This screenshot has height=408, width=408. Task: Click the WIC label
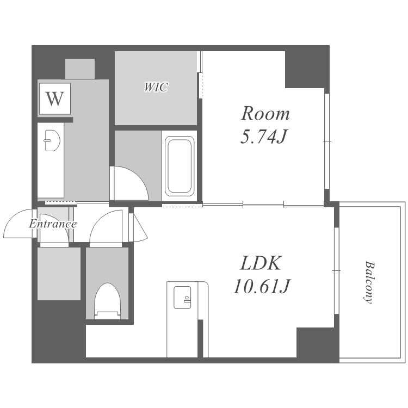(x=156, y=87)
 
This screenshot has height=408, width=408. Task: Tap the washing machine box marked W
(x=54, y=98)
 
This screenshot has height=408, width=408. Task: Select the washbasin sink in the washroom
(x=52, y=140)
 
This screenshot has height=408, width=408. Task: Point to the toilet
(x=108, y=301)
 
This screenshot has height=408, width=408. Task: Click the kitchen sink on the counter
(x=182, y=298)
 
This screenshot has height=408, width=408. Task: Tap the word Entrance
(x=53, y=224)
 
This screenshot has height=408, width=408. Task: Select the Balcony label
(x=368, y=282)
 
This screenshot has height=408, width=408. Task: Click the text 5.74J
(x=263, y=137)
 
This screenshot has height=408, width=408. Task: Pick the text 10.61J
(x=262, y=286)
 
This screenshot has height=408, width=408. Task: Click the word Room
(x=265, y=114)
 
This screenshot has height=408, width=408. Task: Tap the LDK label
(x=261, y=263)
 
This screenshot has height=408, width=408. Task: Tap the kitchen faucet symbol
(x=186, y=299)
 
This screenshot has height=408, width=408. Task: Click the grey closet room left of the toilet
(x=59, y=274)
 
